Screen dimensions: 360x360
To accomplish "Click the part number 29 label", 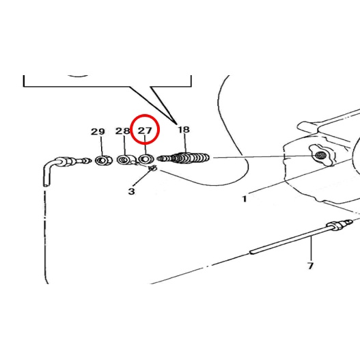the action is coord(98,132).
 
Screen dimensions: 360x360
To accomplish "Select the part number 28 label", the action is coord(122,131).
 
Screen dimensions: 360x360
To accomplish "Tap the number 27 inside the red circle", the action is coord(145,130).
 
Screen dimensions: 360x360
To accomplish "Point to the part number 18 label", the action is coord(184,130).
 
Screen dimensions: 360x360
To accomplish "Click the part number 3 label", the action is coord(132,191).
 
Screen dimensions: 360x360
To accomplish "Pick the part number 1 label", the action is coord(245,199).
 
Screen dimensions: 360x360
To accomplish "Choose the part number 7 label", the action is coord(310,266).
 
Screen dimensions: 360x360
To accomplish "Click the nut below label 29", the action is coord(104,160).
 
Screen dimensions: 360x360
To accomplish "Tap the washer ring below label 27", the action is coord(146,159).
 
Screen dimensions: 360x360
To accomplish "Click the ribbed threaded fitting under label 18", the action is coord(183,158).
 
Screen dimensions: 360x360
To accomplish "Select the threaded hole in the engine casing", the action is coord(320,156).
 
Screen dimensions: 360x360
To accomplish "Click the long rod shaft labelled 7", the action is coord(290,240).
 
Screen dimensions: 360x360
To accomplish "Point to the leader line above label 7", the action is coord(311,249).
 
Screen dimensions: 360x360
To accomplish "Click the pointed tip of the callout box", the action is coord(177,124).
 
